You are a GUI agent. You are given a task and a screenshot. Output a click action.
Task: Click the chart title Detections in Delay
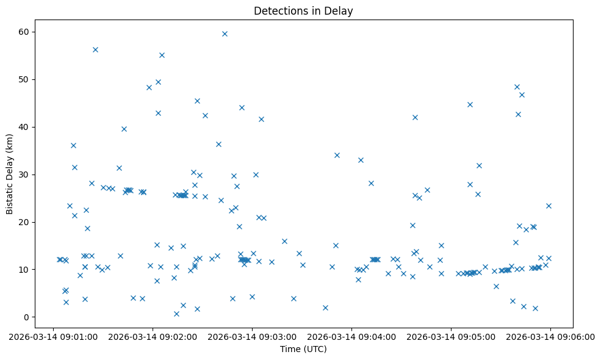click(x=303, y=11)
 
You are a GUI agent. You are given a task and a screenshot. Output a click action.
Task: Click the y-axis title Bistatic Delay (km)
click(x=10, y=173)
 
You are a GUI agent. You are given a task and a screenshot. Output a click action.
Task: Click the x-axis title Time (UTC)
click(x=303, y=349)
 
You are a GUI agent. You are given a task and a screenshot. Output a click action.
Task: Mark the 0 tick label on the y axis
click(x=27, y=317)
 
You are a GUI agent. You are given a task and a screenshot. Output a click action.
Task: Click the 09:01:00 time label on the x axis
click(x=54, y=336)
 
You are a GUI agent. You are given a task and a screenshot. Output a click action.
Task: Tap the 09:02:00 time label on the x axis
click(x=153, y=336)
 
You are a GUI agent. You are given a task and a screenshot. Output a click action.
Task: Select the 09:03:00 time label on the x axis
click(x=252, y=336)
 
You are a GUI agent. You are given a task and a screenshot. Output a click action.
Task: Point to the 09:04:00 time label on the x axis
click(x=351, y=336)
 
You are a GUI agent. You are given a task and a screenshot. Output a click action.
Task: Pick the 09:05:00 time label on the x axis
click(x=451, y=336)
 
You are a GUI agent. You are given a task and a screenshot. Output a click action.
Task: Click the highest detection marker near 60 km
click(x=225, y=34)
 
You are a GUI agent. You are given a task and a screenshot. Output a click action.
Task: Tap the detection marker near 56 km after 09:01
click(x=95, y=49)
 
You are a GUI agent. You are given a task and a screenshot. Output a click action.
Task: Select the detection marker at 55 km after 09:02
click(x=162, y=55)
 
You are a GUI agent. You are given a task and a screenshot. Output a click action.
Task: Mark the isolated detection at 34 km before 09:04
click(x=337, y=155)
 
